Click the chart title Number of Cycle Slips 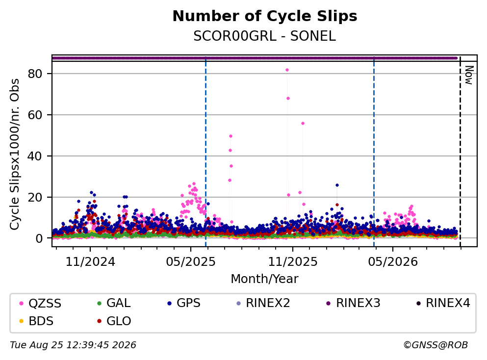(265, 16)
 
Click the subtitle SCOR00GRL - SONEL (265, 36)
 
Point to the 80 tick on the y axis (35, 74)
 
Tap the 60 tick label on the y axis (35, 115)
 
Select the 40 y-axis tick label (35, 156)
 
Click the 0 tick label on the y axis (39, 238)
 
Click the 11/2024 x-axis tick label (90, 262)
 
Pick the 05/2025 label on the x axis (191, 262)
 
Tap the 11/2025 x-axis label (293, 262)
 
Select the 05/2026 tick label (393, 262)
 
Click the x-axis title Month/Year (265, 279)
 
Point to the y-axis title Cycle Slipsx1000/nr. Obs (15, 154)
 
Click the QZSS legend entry (40, 303)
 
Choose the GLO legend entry (114, 321)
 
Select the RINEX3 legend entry (354, 303)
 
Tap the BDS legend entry (36, 321)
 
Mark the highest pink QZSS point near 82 (287, 70)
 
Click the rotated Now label (469, 75)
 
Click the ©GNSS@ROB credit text (436, 345)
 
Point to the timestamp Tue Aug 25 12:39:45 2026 (73, 345)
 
